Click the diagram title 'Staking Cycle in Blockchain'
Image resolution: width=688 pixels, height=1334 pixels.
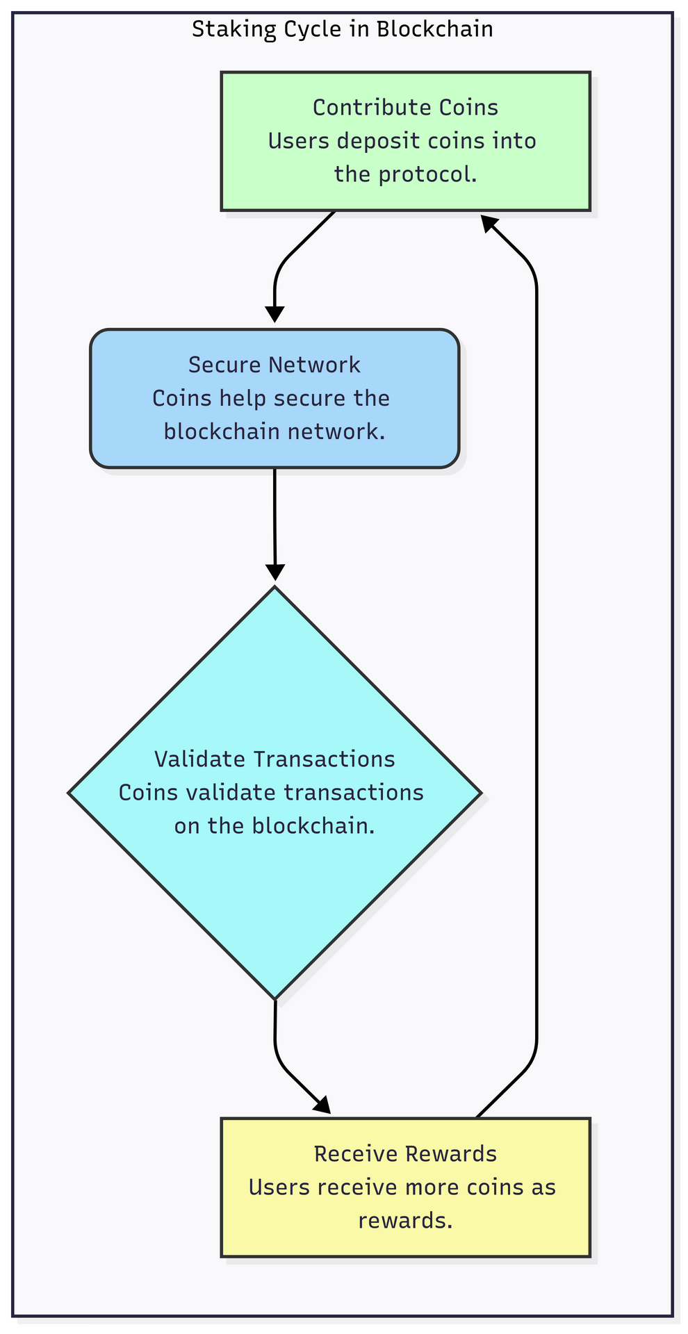pos(342,29)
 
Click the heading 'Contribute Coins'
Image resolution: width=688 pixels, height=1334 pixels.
pos(405,107)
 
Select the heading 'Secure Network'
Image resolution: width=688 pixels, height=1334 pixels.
pos(275,365)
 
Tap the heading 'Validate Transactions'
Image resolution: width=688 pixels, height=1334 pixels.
pos(275,759)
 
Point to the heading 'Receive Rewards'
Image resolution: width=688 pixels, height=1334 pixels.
pos(405,1153)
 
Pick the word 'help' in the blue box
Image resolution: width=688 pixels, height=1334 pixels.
pos(243,398)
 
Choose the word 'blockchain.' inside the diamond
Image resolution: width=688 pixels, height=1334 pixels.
pos(313,825)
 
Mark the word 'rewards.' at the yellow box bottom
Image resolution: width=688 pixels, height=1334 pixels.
pos(405,1220)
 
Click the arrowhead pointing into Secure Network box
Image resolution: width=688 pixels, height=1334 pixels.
pos(275,314)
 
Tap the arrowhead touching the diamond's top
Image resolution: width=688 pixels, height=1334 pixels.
pos(275,572)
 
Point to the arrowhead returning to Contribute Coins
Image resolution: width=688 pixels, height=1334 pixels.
pos(489,222)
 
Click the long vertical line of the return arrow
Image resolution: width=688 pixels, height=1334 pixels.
pos(537,660)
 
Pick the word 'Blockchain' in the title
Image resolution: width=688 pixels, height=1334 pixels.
pos(435,29)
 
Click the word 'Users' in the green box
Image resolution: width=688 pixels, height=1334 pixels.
pos(292,141)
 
